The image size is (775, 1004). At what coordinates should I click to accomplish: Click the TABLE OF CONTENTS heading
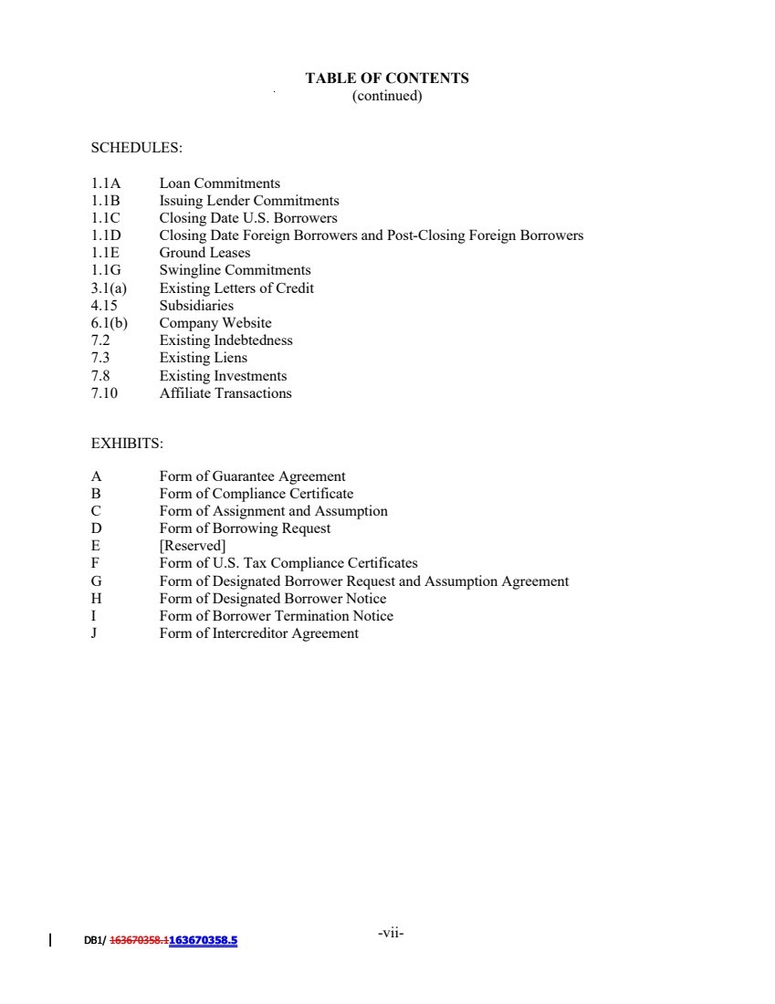point(387,78)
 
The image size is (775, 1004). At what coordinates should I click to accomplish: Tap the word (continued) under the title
point(387,96)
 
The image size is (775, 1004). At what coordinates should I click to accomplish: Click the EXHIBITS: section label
point(127,444)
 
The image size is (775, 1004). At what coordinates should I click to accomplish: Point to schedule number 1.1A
point(106,183)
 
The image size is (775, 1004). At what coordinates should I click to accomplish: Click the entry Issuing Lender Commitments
point(249,201)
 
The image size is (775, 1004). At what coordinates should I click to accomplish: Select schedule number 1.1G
point(106,270)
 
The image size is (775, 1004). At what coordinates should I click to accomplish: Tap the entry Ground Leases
point(204,253)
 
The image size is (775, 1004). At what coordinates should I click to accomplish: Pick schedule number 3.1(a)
point(109,288)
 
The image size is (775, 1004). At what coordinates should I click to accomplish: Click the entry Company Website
point(215,323)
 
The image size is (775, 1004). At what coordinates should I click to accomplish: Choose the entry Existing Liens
point(203,358)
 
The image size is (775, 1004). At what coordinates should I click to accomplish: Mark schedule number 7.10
point(104,393)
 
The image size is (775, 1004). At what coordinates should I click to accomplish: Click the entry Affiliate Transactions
point(225,393)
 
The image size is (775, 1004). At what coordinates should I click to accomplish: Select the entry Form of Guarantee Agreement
point(252,476)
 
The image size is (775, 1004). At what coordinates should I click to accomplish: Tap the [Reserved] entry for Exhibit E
point(193,547)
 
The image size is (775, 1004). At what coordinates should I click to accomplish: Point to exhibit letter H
point(96,599)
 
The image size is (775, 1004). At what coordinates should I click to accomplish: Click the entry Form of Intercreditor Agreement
point(258,633)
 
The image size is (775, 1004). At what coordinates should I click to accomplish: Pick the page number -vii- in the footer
point(390,933)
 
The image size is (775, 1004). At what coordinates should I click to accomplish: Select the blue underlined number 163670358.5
point(203,940)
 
